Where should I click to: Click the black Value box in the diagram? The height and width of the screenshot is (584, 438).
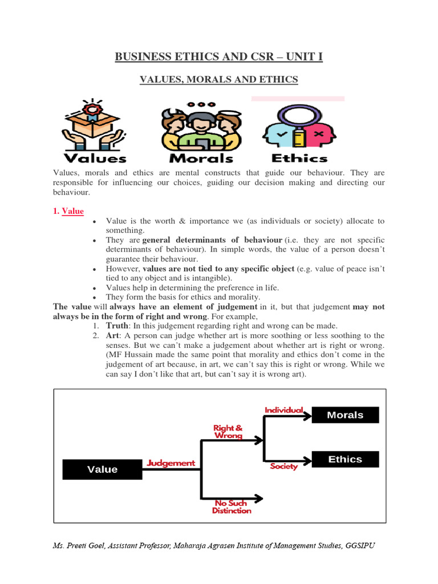pos(102,469)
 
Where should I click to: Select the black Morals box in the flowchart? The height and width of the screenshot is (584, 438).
pos(345,415)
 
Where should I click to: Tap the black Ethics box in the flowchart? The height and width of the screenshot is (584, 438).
pos(345,459)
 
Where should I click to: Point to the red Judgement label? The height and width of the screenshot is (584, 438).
pos(171,463)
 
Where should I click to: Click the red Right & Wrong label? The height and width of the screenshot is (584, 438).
pos(228,431)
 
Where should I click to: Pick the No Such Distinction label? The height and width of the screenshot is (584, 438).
pos(232,507)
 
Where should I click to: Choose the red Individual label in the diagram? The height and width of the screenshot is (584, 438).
pos(283,411)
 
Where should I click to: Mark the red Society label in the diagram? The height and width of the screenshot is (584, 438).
pos(284,467)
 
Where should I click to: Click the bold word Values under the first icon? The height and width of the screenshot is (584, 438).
pos(95,158)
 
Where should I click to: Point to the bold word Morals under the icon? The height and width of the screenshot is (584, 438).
pos(201,158)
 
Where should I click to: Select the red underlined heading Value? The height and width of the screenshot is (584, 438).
pos(72,211)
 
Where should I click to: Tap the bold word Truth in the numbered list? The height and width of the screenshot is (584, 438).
pos(118,325)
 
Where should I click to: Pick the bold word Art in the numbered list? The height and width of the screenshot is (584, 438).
pos(113,335)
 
